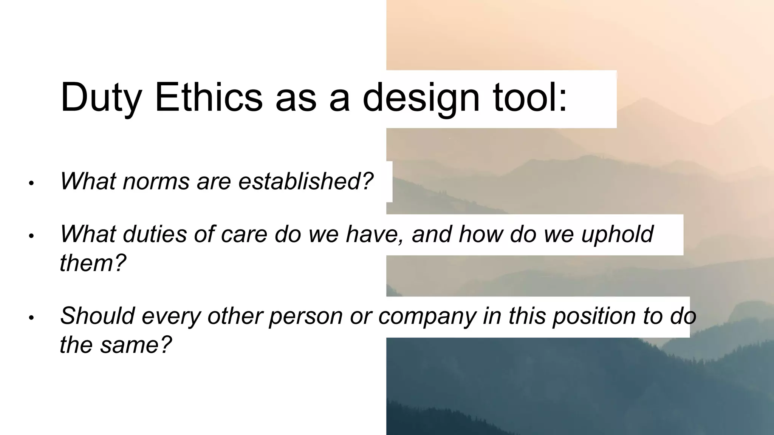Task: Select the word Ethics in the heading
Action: click(x=209, y=97)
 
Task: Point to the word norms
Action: click(x=156, y=181)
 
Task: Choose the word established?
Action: click(x=305, y=181)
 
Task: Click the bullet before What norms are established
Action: click(x=31, y=184)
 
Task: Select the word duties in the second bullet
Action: click(x=155, y=234)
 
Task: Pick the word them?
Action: click(x=93, y=263)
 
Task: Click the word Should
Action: click(x=97, y=316)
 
